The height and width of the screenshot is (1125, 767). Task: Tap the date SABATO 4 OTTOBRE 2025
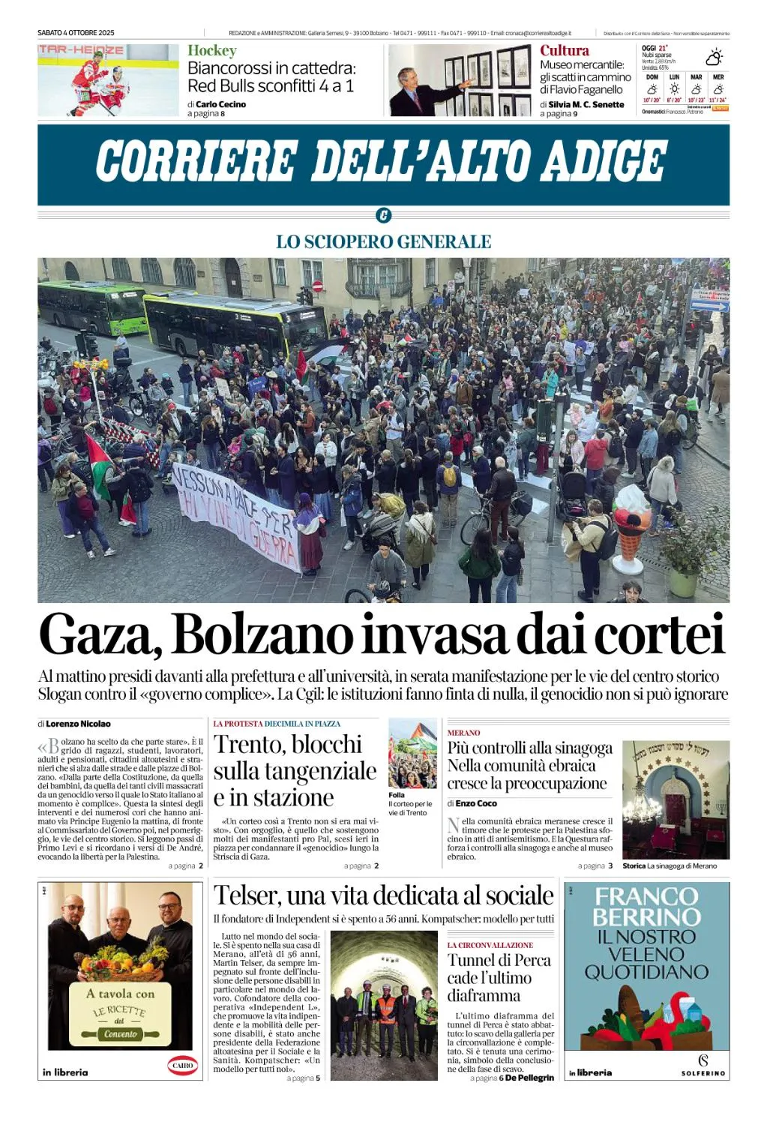76,33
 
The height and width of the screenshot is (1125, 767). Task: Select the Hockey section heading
211,50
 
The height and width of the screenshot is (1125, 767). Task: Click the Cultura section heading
564,50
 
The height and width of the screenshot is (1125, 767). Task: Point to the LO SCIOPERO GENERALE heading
383,241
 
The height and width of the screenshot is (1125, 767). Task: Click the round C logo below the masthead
383,216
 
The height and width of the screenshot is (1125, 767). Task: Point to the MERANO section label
463,733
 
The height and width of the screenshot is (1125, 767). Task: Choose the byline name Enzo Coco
476,803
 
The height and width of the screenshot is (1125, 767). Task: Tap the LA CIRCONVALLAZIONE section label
490,945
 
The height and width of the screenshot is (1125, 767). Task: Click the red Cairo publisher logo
182,1065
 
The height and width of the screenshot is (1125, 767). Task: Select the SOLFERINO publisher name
703,1073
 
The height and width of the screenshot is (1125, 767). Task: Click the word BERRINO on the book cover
646,916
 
